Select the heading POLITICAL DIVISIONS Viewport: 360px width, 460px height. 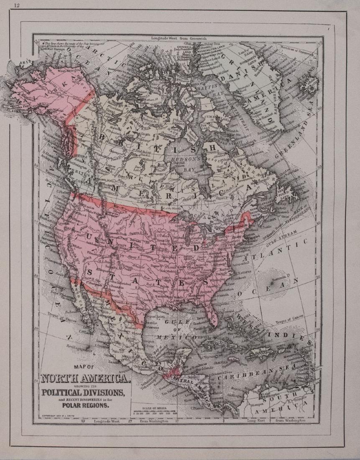[x=82, y=392]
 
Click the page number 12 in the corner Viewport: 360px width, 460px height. [x=17, y=5]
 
